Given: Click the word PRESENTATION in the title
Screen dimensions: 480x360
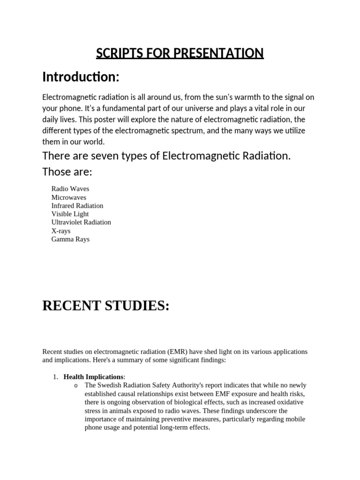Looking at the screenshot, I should (x=218, y=53).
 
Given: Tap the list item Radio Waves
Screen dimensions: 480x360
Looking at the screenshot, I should (x=70, y=189).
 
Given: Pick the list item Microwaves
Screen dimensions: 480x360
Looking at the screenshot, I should (x=69, y=197).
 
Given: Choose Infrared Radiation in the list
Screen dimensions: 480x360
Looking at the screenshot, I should (x=77, y=206).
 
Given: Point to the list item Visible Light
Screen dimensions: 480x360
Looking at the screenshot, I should (x=70, y=214).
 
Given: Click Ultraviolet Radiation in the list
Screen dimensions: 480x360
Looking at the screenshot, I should (x=81, y=222).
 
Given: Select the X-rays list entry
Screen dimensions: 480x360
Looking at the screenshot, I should (x=61, y=231).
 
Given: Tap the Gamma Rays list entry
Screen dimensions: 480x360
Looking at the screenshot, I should (x=70, y=239).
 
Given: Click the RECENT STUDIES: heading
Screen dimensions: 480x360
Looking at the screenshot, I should (x=105, y=306).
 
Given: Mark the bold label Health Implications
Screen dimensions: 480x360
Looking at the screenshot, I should (x=93, y=377).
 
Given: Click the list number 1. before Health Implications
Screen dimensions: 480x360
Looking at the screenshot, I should (x=55, y=377).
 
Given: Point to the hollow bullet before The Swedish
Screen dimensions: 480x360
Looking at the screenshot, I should (x=76, y=386).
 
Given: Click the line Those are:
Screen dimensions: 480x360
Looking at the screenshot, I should (x=67, y=172).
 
